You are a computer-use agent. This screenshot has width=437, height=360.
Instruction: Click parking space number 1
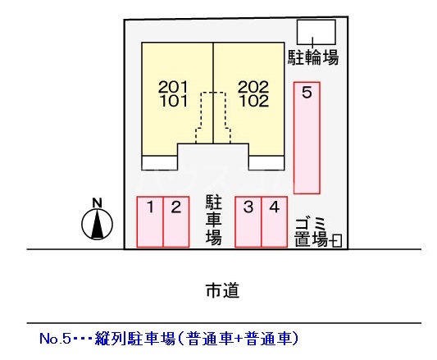[150, 222]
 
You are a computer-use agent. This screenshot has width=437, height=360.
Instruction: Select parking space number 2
[176, 222]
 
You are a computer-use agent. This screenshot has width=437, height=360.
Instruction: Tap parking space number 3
[248, 222]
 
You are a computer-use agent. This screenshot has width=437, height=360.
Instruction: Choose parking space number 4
[274, 222]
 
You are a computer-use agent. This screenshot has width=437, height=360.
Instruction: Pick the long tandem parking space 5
[307, 138]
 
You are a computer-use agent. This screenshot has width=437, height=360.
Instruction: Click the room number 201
[173, 87]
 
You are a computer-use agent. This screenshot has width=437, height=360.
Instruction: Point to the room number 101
[174, 101]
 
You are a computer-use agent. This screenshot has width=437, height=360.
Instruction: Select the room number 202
[253, 87]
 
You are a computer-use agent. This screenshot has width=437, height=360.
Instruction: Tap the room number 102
[254, 101]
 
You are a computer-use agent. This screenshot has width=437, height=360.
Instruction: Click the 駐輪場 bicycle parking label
[313, 57]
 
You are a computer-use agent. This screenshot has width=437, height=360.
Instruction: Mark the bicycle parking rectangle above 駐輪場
[316, 32]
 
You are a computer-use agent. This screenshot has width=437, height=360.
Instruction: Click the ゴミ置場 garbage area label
[312, 233]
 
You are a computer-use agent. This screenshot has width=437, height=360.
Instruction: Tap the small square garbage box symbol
[337, 240]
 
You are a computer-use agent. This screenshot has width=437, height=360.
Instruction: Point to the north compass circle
[97, 224]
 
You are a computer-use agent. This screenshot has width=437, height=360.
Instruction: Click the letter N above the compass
[97, 203]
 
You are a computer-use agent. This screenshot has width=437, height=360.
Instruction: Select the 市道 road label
[222, 290]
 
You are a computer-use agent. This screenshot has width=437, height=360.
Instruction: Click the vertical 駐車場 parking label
[214, 220]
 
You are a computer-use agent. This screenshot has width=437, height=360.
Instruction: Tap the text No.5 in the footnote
[55, 339]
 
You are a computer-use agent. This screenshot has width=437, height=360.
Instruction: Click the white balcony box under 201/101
[160, 163]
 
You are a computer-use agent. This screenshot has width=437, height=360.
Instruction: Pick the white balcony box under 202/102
[266, 163]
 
